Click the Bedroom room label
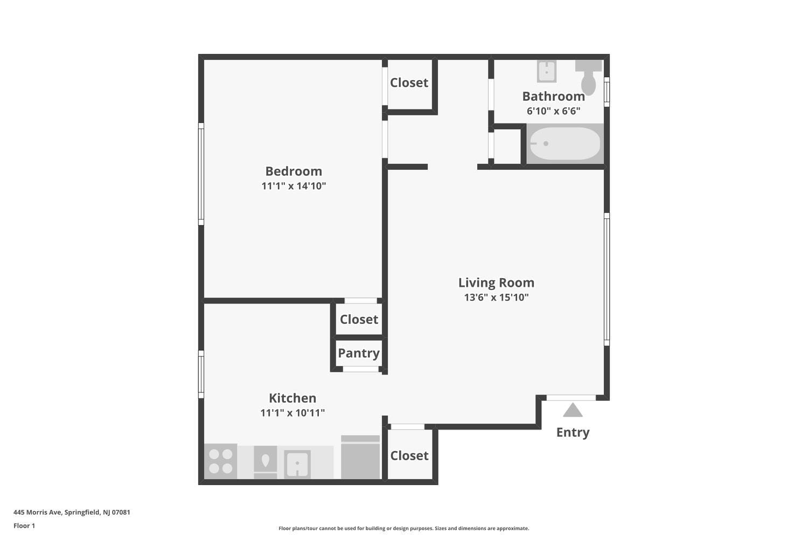(294, 171)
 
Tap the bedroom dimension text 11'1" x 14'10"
(294, 186)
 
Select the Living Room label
(496, 283)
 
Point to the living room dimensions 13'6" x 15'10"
(496, 298)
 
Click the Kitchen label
(292, 398)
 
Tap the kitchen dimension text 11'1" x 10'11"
(292, 413)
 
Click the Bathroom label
(553, 96)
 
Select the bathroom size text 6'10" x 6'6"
(553, 111)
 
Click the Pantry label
(359, 353)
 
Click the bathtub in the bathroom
(565, 143)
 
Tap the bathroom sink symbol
(546, 71)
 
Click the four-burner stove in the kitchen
(220, 461)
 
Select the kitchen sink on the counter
(297, 464)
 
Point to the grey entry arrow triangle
(573, 411)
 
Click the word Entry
(573, 432)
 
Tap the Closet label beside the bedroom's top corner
(409, 83)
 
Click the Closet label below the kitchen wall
(409, 456)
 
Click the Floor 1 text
(24, 526)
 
